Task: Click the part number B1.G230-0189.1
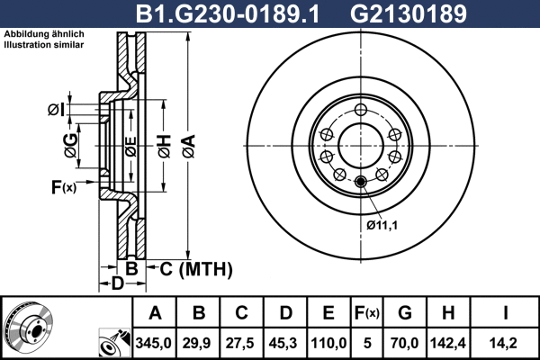coord(233,13)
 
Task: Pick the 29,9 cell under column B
coord(198,342)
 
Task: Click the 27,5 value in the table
coord(241,342)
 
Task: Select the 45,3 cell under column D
coord(284,342)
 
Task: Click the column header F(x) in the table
coord(366,313)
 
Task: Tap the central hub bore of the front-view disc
coord(360,145)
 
